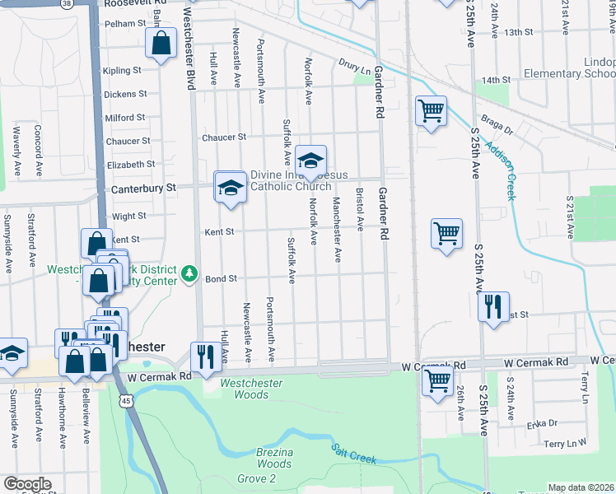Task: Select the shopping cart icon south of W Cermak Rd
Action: pos(436,380)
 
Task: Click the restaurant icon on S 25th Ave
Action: pos(493,308)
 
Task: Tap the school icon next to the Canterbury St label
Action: pos(231,187)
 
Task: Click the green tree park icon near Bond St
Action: pos(190,272)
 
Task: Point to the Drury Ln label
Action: pos(354,64)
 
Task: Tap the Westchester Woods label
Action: pos(250,389)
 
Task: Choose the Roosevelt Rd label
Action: pos(135,3)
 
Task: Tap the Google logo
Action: pos(27,483)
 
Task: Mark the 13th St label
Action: pos(520,32)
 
